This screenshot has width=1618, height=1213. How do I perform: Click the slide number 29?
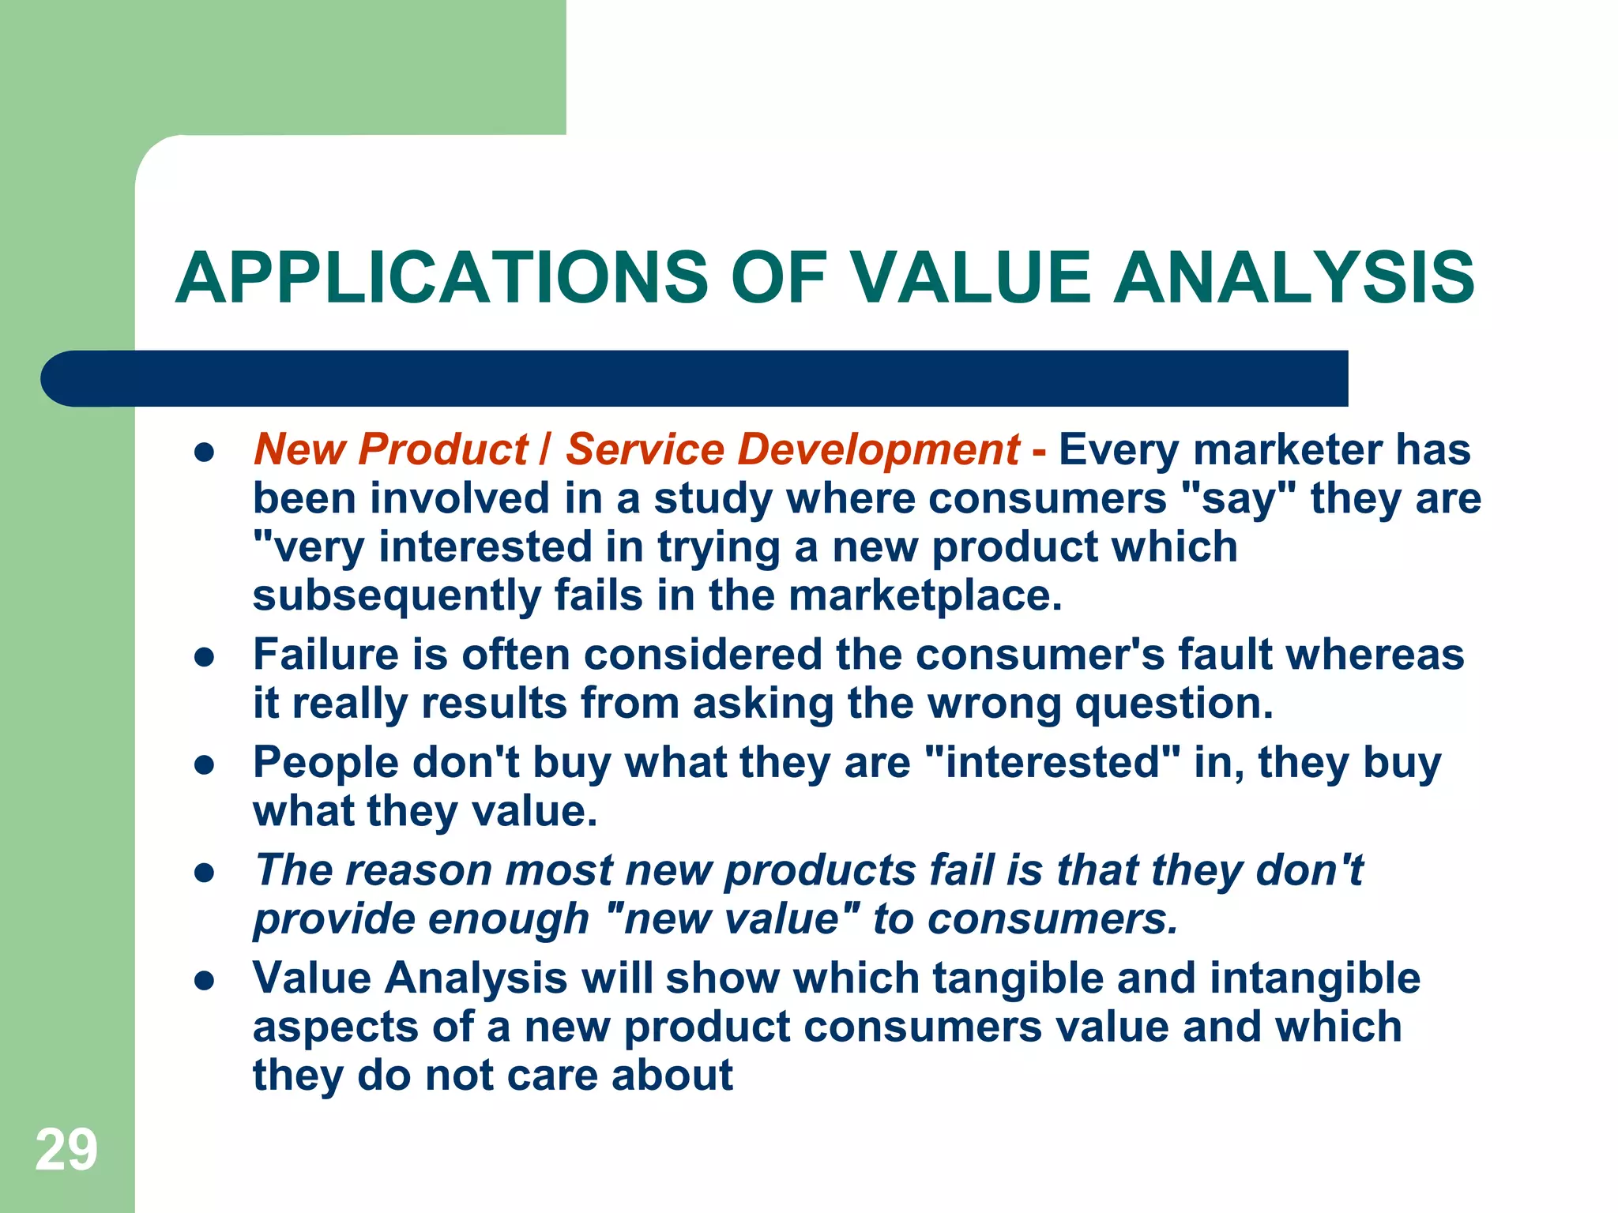66,1150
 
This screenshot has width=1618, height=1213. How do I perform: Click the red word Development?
878,449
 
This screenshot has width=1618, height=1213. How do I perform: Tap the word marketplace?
925,595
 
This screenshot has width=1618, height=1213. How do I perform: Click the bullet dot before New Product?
205,453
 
